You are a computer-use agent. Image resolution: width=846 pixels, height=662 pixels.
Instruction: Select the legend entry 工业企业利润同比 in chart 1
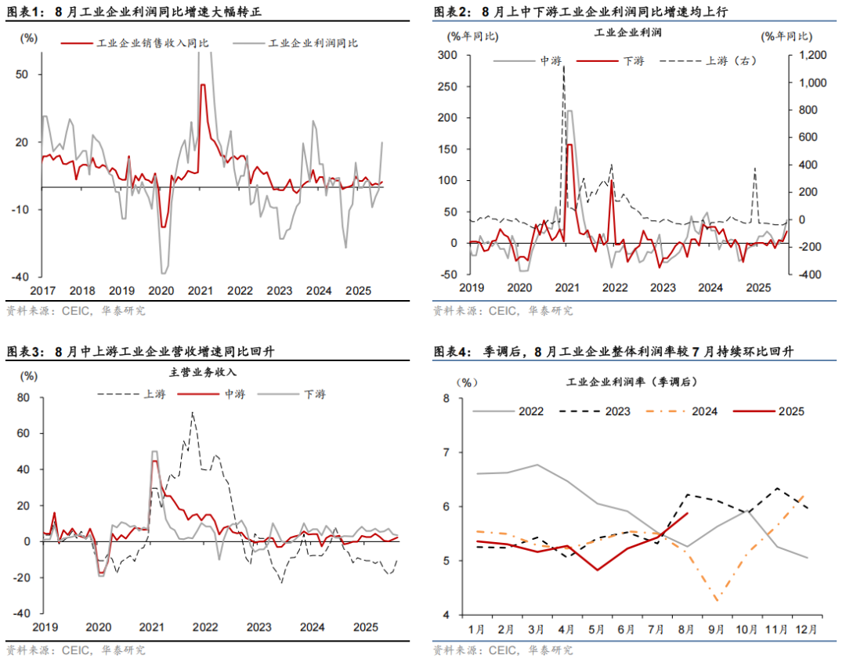[x=313, y=44]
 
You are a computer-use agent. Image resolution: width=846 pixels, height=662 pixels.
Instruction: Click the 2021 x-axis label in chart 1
[x=201, y=290]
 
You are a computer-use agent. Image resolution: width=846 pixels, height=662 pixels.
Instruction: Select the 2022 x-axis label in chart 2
[x=615, y=288]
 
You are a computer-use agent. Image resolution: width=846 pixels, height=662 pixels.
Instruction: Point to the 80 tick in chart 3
[x=23, y=398]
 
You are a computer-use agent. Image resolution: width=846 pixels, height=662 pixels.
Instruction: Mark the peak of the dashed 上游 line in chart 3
[x=193, y=412]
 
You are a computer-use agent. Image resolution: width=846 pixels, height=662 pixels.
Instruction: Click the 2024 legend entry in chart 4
[x=706, y=411]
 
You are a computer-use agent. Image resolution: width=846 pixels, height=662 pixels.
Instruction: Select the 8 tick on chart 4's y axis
[x=467, y=398]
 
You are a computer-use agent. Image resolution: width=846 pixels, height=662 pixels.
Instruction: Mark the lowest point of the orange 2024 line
[x=716, y=600]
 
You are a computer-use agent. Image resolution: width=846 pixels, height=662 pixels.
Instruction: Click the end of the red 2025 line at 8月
[x=686, y=513]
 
